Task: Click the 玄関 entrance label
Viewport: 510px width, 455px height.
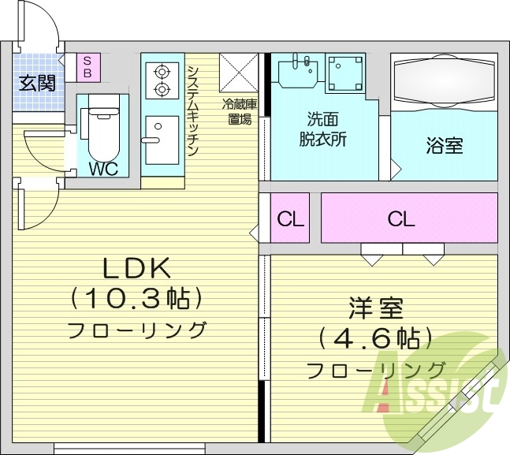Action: tap(38, 83)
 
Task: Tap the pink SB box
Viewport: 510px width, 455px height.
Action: tap(87, 66)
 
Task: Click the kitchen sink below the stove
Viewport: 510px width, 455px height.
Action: tap(161, 139)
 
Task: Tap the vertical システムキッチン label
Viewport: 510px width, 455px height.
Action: tap(193, 110)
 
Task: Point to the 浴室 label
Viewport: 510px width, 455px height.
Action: tap(445, 145)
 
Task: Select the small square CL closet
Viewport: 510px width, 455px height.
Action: tap(291, 218)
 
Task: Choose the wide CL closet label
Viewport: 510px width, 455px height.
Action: tap(400, 218)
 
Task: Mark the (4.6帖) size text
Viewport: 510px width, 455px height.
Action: tap(375, 339)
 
